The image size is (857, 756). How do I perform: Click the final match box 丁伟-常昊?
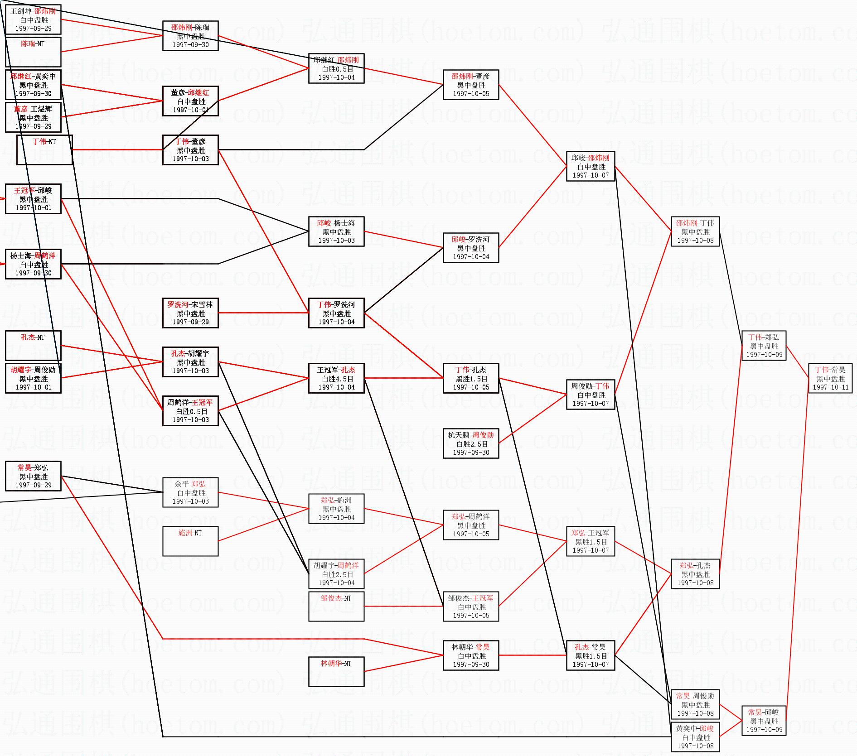tap(830, 378)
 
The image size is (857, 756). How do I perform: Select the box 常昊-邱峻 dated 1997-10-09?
tap(764, 721)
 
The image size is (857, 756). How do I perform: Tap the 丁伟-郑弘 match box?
tap(764, 346)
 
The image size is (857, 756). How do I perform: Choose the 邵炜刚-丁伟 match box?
tap(695, 231)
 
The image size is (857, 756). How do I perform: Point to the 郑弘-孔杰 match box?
tap(695, 574)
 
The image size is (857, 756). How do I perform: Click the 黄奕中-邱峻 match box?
tap(695, 737)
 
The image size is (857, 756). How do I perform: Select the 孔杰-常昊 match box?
tap(591, 655)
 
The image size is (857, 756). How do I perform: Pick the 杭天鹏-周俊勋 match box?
tap(471, 443)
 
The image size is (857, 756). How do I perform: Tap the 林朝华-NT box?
tap(336, 671)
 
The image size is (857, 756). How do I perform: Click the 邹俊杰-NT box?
tap(336, 606)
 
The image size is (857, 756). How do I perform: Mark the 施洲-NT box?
tap(190, 541)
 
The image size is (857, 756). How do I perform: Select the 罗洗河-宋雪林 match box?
tap(190, 313)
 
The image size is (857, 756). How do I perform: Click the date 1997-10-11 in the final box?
tap(830, 387)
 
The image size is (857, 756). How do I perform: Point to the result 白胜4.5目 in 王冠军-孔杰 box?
tap(336, 379)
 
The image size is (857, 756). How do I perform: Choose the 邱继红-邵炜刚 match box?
tap(336, 68)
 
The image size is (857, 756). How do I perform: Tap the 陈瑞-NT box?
tap(33, 52)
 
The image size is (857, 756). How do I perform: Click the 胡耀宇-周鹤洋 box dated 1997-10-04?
tap(336, 574)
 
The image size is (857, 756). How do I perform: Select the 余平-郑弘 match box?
tap(190, 492)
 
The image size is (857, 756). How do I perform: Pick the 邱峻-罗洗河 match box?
tap(471, 248)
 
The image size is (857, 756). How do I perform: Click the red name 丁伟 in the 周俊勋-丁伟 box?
tap(602, 386)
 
